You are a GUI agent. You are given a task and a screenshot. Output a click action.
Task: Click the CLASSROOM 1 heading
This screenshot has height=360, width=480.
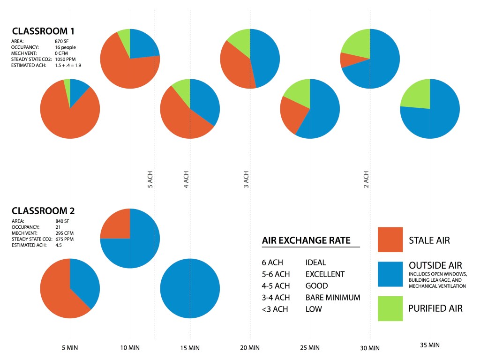pos(43,31)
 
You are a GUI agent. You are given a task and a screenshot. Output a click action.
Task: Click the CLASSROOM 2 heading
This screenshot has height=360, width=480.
pos(43,210)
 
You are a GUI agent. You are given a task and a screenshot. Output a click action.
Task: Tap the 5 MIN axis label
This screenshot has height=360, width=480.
pos(70,348)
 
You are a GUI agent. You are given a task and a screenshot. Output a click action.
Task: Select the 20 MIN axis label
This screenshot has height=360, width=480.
pos(250,348)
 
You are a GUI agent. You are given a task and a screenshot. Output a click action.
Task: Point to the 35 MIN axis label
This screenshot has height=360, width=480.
pos(430,345)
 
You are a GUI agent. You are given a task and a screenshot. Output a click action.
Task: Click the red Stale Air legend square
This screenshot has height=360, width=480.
pos(390,240)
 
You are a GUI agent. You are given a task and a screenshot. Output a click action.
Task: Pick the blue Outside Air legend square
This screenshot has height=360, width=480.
pos(390,274)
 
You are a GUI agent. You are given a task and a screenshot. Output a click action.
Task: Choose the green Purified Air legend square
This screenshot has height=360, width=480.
pos(390,308)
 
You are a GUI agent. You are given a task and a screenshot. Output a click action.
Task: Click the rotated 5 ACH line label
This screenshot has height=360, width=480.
pos(150,179)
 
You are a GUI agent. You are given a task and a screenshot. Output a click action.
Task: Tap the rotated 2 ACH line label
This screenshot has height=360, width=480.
pos(366,179)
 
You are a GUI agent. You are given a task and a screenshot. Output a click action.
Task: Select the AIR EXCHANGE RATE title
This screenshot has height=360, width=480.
pos(306,240)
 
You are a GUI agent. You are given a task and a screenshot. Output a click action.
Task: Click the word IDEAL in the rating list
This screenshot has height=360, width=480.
pos(315,262)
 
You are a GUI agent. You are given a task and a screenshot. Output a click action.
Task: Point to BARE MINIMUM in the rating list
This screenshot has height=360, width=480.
pos(332,297)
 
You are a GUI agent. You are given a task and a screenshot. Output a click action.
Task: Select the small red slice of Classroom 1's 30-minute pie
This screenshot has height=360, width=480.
pos(347,60)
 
